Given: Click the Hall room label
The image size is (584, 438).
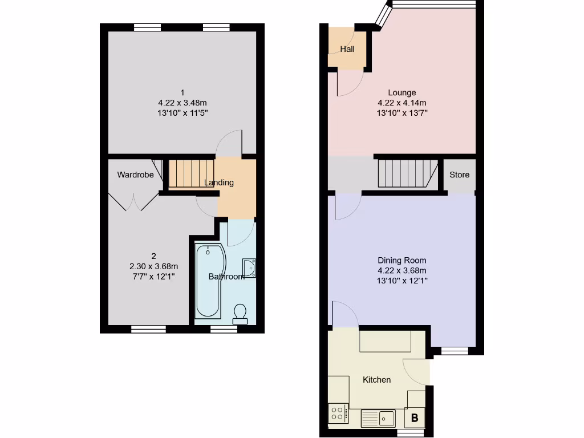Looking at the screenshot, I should pos(347,49).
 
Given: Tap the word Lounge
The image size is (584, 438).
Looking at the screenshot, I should pos(402,92).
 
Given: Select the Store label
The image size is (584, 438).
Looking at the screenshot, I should pos(459,175).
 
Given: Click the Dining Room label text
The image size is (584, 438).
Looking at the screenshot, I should pos(402,261).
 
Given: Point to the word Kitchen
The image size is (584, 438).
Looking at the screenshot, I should pos(377,380).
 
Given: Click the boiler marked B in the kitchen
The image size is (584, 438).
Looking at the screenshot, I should pos(415,418).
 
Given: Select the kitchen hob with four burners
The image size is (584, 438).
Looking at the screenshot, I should pos(338,413).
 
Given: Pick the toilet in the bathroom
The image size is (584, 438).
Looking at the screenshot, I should pos(240,313).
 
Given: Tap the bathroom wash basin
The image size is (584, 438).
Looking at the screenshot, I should pos(249,267).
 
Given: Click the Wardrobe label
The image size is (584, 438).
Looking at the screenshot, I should pos(135,175).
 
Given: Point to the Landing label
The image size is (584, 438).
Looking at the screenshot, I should pos(220,182).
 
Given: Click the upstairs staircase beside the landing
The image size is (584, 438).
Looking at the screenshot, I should pos(190,174).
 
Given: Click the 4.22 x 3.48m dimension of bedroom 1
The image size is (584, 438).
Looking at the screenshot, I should pos(182,103).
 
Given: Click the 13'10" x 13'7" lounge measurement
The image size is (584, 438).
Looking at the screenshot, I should pos(402,113).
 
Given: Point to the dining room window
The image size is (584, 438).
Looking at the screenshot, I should pos(455,351).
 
